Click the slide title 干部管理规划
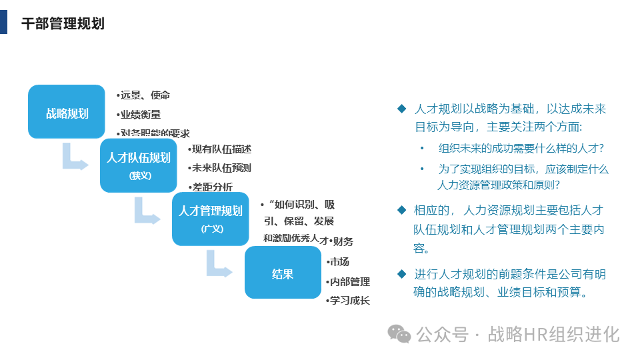pyautogui.click(x=63, y=24)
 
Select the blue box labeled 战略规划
pyautogui.click(x=67, y=112)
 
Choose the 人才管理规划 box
pyautogui.click(x=211, y=219)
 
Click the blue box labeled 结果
pyautogui.click(x=283, y=273)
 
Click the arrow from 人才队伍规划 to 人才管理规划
pyautogui.click(x=147, y=212)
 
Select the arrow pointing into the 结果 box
pyautogui.click(x=219, y=264)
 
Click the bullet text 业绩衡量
pyautogui.click(x=140, y=115)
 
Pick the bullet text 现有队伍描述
pyautogui.click(x=221, y=149)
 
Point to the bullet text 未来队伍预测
pyautogui.click(x=221, y=167)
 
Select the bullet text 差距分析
pyautogui.click(x=212, y=187)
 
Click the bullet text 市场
pyautogui.click(x=339, y=261)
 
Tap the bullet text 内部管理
pyautogui.click(x=349, y=281)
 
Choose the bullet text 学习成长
pyautogui.click(x=349, y=300)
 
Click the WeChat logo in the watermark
pyautogui.click(x=400, y=333)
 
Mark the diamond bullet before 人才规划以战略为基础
pyautogui.click(x=401, y=109)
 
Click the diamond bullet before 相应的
pyautogui.click(x=401, y=210)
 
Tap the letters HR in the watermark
pyautogui.click(x=536, y=333)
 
